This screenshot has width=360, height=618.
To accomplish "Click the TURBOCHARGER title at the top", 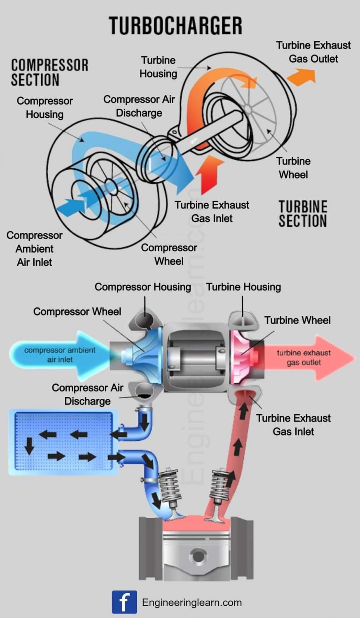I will [175, 26].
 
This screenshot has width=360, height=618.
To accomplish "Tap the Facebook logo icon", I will [124, 602].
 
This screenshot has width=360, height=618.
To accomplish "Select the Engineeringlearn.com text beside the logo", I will [192, 603].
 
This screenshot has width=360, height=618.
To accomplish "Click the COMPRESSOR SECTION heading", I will [49, 73].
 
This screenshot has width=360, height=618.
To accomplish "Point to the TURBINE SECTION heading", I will [303, 214].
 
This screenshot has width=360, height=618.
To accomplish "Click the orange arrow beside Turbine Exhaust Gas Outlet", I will [302, 77].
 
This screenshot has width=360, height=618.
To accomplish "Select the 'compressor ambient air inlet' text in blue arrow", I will [60, 355].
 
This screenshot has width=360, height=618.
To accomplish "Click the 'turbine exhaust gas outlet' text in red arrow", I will [304, 358].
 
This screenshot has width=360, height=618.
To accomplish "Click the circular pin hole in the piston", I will [198, 557].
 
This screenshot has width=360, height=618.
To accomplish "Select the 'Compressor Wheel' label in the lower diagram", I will [77, 311].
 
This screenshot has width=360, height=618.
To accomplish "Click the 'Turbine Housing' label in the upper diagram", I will [158, 67].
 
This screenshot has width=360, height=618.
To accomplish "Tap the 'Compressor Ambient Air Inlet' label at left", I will [35, 249].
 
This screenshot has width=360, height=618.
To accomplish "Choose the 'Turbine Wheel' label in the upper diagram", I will [293, 168].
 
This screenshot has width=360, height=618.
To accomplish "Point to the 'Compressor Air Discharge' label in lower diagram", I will [87, 394].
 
